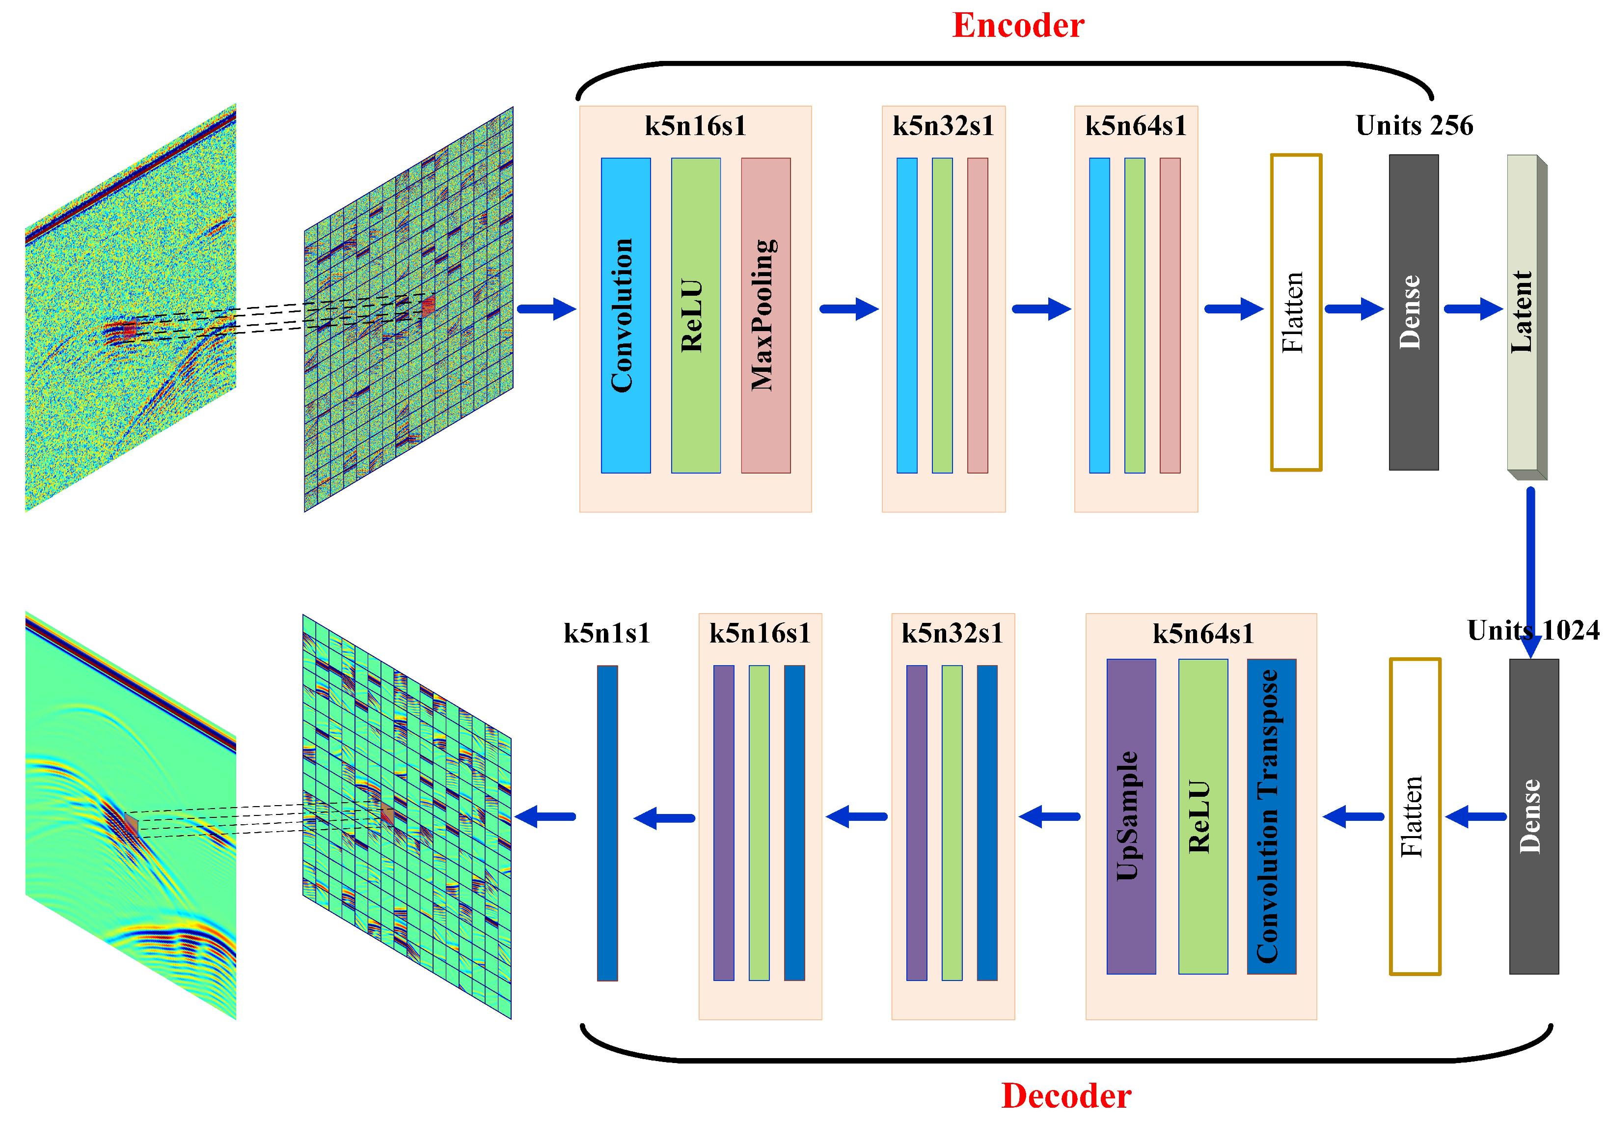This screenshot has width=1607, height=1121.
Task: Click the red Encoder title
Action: click(x=1018, y=26)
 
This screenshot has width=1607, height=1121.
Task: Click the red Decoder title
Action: click(x=1065, y=1096)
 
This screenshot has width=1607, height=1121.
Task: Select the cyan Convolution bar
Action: click(x=625, y=315)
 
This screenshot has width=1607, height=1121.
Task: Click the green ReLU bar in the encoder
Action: click(x=695, y=315)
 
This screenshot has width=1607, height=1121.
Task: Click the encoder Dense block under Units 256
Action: click(x=1413, y=312)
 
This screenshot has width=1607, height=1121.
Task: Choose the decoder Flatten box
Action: click(x=1414, y=816)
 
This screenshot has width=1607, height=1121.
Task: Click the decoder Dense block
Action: click(x=1533, y=816)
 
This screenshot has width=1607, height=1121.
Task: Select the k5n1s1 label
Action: click(x=607, y=633)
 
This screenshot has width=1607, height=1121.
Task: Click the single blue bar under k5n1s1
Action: click(x=607, y=823)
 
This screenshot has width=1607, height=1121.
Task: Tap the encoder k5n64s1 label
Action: click(x=1135, y=126)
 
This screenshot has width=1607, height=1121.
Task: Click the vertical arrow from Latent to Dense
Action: click(x=1531, y=567)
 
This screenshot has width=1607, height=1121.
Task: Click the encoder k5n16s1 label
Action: click(x=695, y=126)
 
